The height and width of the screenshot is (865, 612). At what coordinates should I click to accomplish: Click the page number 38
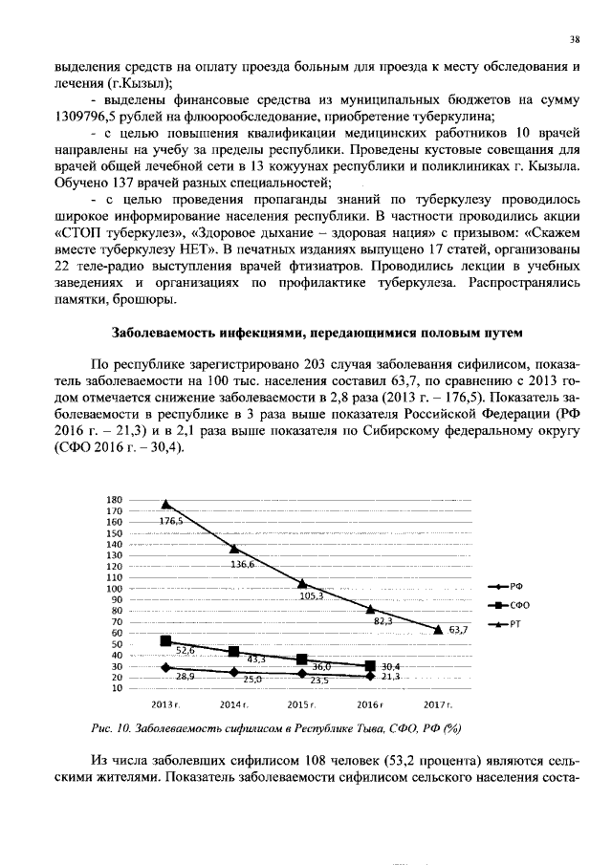coord(574,39)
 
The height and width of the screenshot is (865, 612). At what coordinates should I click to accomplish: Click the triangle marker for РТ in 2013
coord(166,504)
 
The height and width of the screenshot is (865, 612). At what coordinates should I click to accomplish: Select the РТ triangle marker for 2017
coord(437,629)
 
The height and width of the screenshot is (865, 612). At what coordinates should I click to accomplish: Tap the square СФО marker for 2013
coord(166,640)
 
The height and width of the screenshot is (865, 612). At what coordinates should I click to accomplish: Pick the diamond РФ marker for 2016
coord(369,676)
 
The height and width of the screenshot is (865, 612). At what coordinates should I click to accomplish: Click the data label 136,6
coord(243,564)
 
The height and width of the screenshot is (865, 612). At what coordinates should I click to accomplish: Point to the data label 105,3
coord(312,595)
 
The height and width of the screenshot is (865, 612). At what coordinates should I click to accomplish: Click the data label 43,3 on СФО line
coord(256,660)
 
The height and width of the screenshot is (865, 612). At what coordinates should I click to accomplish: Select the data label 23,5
coord(318,681)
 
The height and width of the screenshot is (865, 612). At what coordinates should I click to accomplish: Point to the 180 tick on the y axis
coord(115,500)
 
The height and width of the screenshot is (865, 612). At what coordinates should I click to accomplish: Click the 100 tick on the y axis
coord(115,589)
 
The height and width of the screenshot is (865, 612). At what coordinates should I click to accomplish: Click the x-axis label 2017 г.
coord(437,704)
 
